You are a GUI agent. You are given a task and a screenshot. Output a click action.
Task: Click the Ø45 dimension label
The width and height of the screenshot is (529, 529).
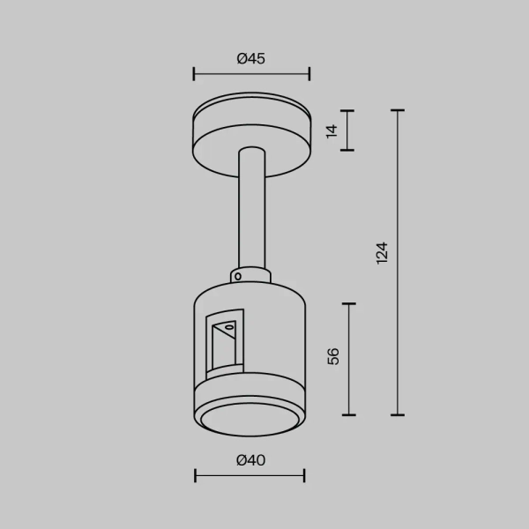click(251, 59)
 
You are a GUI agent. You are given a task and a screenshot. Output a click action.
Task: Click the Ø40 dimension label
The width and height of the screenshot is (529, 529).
click(251, 460)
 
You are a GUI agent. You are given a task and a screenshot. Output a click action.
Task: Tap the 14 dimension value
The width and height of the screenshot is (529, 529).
click(332, 130)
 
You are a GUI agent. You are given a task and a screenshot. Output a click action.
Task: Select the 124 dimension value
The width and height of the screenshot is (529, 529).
click(381, 253)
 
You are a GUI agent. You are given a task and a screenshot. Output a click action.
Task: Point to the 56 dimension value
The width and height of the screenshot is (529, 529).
click(332, 356)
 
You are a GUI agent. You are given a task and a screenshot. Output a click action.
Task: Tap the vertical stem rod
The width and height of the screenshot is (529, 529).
click(250, 212)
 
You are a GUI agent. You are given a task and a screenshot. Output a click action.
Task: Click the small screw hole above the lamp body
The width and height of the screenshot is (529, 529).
click(238, 276)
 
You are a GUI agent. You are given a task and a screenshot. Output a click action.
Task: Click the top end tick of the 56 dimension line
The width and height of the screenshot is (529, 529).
click(351, 304)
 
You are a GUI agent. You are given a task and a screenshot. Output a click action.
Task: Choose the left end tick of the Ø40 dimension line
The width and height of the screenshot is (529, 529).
click(196, 476)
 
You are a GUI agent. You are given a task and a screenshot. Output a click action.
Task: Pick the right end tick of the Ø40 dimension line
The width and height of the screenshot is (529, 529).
click(304, 476)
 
